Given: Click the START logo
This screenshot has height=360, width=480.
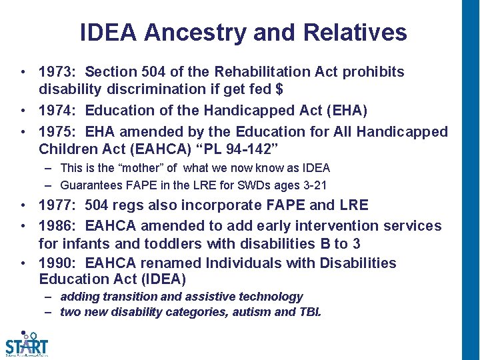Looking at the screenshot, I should (27, 343).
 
